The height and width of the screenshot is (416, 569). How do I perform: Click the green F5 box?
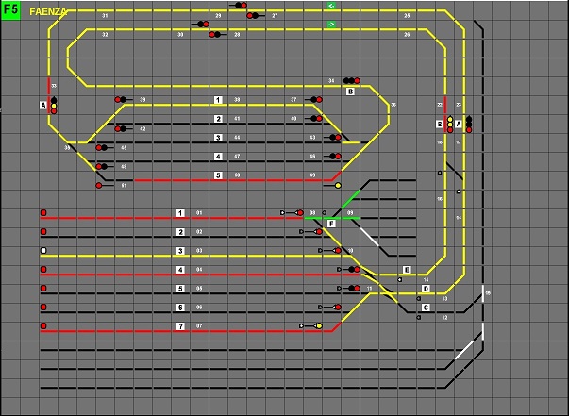tap(10, 10)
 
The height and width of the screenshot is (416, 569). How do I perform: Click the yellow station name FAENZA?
tap(46, 11)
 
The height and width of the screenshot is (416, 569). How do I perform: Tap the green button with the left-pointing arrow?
tap(331, 6)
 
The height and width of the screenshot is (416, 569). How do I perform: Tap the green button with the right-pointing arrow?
tap(331, 24)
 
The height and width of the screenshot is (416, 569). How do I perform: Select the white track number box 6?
tap(180, 308)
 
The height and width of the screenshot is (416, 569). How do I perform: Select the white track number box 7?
tap(180, 326)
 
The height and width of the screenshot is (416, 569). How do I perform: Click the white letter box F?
tap(331, 224)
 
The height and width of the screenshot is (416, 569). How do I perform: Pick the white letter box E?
tap(407, 270)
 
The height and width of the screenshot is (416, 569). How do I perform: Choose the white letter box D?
tap(426, 289)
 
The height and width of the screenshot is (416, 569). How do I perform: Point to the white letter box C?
tap(426, 308)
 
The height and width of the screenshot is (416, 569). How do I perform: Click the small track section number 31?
tap(104, 16)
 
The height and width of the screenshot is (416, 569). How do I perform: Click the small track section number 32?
tap(104, 34)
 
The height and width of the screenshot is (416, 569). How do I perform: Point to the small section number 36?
tap(393, 105)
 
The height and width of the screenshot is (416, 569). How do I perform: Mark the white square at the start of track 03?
tap(43, 250)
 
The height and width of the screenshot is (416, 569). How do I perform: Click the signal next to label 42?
tap(120, 128)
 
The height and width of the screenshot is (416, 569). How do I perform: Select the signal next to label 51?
tap(100, 185)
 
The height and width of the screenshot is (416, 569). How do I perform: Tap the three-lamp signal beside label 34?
tap(350, 81)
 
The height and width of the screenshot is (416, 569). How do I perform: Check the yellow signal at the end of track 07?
tap(319, 326)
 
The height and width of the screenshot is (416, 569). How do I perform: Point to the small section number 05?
tap(199, 289)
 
